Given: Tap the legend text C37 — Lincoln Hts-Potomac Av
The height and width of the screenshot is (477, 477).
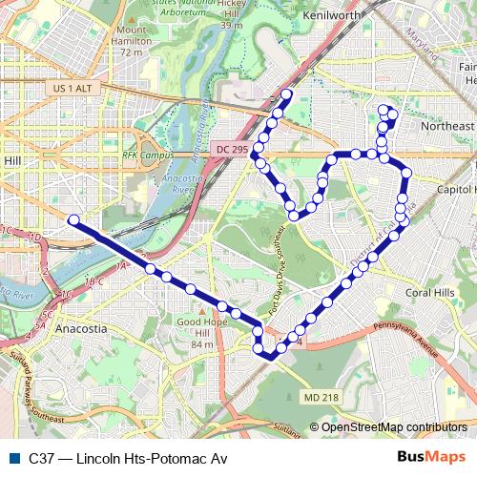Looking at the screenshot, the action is click(x=128, y=458).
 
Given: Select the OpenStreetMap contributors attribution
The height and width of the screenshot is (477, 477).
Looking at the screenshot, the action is click(x=393, y=426).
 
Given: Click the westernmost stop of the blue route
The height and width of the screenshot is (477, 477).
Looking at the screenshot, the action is click(x=73, y=220).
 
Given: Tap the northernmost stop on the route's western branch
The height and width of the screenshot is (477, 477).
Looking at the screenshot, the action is click(x=286, y=94).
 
